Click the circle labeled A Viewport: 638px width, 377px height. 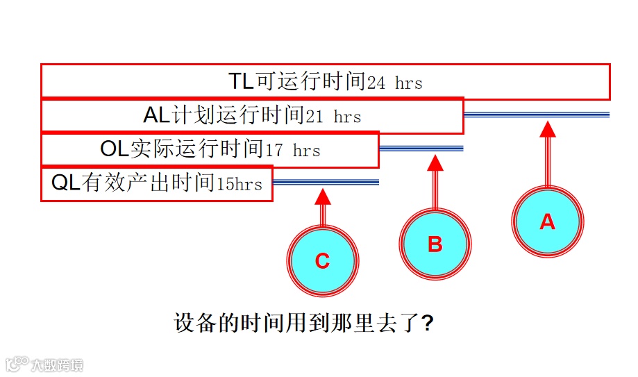[x=548, y=221]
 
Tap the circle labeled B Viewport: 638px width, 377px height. [x=435, y=244]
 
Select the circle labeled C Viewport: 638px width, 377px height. [x=322, y=261]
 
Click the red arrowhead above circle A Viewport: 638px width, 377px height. [x=548, y=128]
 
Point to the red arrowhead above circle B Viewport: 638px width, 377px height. [x=435, y=162]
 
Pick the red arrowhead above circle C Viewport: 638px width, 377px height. [x=322, y=196]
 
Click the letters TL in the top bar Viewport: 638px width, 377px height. [x=242, y=81]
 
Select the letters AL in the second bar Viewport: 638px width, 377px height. [x=158, y=115]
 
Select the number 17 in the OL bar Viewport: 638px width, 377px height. [x=274, y=150]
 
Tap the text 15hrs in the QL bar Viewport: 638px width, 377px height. [x=240, y=184]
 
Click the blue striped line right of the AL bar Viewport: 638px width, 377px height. [x=537, y=115]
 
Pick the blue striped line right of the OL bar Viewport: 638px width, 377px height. [x=421, y=148]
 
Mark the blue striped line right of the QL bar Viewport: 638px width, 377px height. [x=326, y=182]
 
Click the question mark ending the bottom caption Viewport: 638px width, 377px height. [x=428, y=324]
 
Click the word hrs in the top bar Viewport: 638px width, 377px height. [x=409, y=83]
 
